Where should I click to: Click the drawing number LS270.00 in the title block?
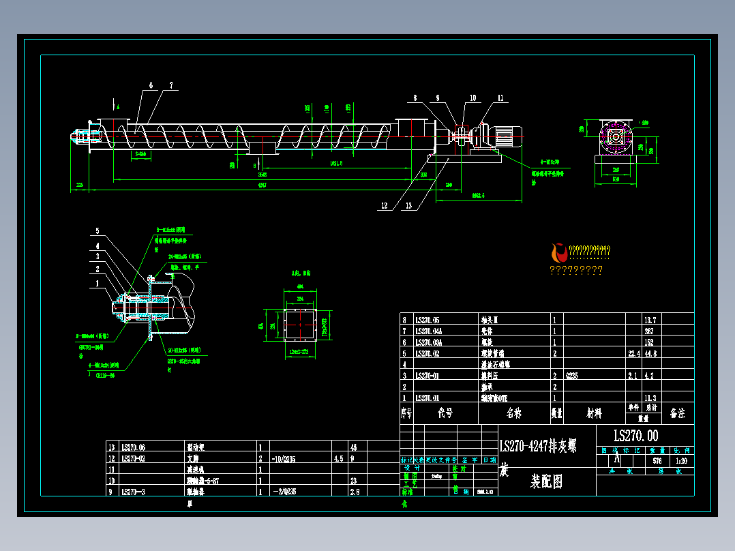pos(635,436)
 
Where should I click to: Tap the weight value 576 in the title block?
pos(657,461)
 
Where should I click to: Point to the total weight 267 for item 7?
pos(650,331)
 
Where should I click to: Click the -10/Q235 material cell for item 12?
pos(285,459)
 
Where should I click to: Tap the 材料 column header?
pos(594,413)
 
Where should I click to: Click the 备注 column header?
pos(678,413)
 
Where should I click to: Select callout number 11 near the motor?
pos(500,98)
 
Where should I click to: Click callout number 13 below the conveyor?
pos(408,205)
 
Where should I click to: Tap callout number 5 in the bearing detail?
pos(97,231)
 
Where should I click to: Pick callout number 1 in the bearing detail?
pos(97,282)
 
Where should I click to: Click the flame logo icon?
pos(559,253)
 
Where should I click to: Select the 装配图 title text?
pos(547,481)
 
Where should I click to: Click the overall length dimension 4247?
pos(262,185)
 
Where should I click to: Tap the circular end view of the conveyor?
pos(617,137)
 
